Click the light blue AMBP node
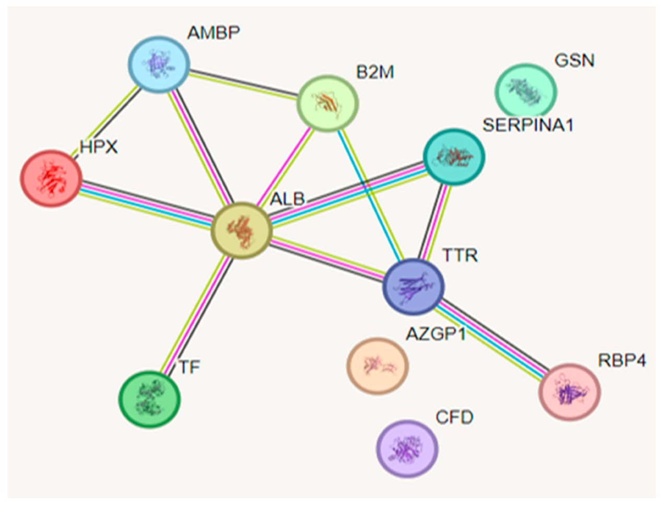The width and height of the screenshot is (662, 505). tap(159, 64)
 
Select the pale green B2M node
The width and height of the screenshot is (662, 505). tap(327, 104)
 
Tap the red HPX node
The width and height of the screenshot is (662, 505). tap(51, 178)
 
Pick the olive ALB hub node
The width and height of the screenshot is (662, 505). tap(241, 231)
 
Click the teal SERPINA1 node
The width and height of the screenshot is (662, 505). tap(454, 156)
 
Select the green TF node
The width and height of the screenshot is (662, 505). tap(150, 399)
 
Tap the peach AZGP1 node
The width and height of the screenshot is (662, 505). tap(377, 365)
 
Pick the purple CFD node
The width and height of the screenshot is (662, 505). tap(407, 449)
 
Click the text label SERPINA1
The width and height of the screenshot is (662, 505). tap(528, 125)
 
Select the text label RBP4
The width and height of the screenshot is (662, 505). tap(622, 361)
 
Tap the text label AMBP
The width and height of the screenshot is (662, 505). tap(214, 33)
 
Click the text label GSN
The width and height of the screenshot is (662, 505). tap(574, 61)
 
